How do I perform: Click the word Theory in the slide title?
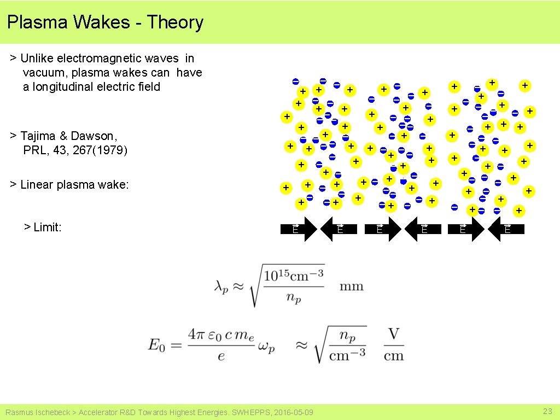[x=175, y=22]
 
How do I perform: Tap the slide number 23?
[x=547, y=411]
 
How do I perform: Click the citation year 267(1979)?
[x=100, y=150]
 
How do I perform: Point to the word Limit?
[x=47, y=227]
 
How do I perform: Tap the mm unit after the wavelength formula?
[x=351, y=286]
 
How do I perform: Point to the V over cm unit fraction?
[x=393, y=345]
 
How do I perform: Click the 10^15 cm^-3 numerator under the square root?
[x=294, y=275]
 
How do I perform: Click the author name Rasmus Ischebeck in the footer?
[x=37, y=412]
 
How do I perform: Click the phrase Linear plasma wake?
[x=74, y=185]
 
